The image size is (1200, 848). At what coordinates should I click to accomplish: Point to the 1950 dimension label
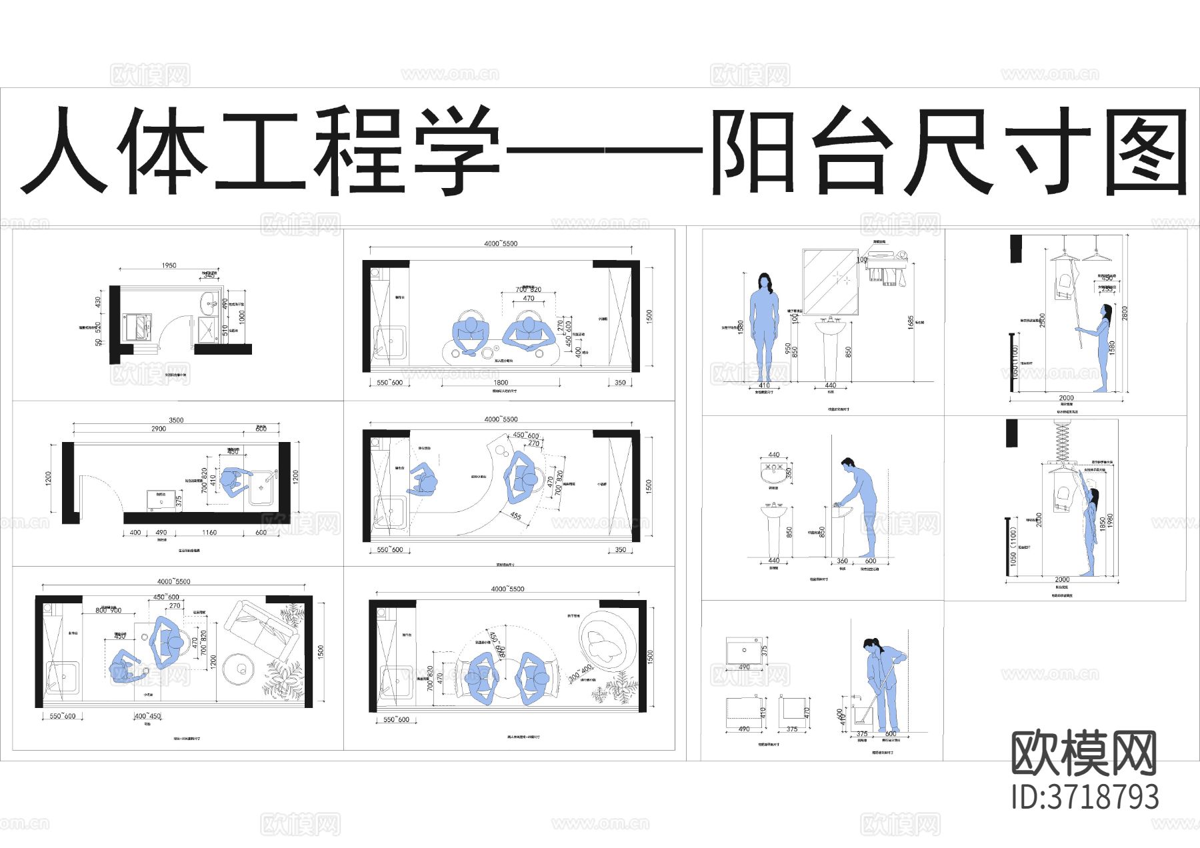pyautogui.click(x=169, y=265)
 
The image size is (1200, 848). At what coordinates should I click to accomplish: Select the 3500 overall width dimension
pyautogui.click(x=176, y=420)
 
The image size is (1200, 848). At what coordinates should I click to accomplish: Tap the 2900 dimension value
pyautogui.click(x=159, y=429)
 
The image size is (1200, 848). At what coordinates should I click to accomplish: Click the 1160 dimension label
pyautogui.click(x=209, y=533)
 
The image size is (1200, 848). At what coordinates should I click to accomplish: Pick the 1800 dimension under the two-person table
pyautogui.click(x=501, y=383)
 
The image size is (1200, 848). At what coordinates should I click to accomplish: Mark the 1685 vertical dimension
pyautogui.click(x=911, y=322)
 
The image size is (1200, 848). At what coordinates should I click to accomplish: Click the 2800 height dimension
pyautogui.click(x=1125, y=313)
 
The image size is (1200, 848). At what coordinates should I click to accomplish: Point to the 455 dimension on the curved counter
pyautogui.click(x=515, y=515)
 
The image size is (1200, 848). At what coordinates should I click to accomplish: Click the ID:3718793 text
pyautogui.click(x=1085, y=797)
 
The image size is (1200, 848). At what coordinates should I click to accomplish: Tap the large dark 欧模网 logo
pyautogui.click(x=1083, y=753)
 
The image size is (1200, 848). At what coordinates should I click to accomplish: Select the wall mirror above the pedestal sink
pyautogui.click(x=830, y=281)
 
